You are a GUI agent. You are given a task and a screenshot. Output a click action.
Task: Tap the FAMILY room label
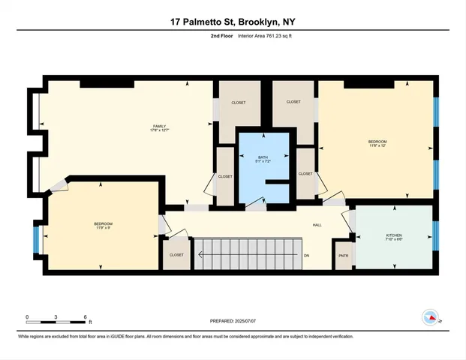[159, 126]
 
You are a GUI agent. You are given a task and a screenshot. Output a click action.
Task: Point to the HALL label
[317, 224]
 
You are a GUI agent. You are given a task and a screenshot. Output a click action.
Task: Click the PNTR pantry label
[344, 255]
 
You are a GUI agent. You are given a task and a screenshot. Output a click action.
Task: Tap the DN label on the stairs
[306, 255]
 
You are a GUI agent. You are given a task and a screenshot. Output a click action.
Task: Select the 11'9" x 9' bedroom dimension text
[103, 229]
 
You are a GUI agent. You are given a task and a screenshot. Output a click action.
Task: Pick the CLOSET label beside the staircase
[176, 255]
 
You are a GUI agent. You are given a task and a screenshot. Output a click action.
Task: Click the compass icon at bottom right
[431, 317]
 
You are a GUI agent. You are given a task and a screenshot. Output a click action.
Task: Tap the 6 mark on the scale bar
[86, 316]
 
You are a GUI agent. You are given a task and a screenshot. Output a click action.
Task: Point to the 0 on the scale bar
[27, 316]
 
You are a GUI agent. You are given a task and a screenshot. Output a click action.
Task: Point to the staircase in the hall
[248, 253]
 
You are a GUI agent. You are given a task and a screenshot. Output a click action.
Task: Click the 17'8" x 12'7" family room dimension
[159, 131]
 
